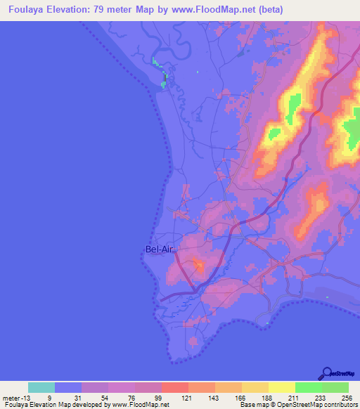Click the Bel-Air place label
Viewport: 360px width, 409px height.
click(158, 249)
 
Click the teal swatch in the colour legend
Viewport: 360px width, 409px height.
click(41, 387)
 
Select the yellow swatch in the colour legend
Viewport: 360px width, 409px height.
click(281, 387)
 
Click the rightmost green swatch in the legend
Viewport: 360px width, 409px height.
click(335, 387)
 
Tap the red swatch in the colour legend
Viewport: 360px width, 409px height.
click(175, 387)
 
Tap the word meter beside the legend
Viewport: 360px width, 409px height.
click(10, 397)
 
